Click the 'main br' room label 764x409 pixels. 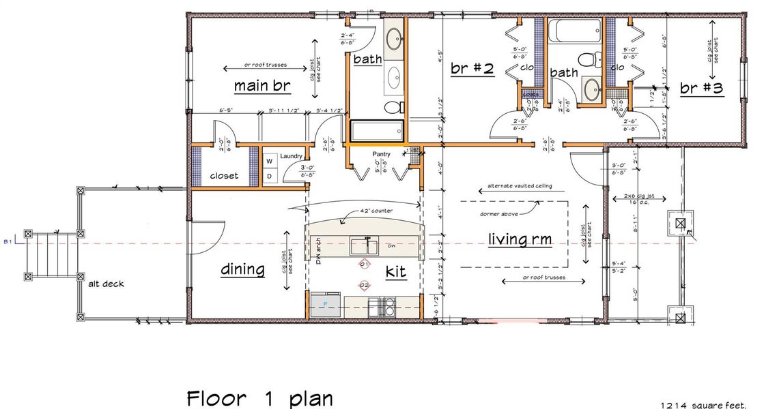coord(262,86)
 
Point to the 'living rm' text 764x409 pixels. coord(520,239)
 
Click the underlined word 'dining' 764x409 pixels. coord(242,269)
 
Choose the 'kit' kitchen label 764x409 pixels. coord(396,272)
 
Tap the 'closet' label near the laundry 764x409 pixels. coord(224,175)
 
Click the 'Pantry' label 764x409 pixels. coord(381,155)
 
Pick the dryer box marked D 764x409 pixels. coord(268,176)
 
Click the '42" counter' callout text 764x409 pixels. coord(376,211)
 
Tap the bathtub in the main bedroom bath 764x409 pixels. coord(378,130)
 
